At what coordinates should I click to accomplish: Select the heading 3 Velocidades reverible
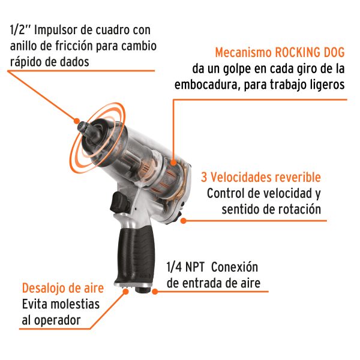click(x=261, y=178)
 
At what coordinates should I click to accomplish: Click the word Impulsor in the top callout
click(x=57, y=29)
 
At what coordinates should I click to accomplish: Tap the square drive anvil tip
click(x=82, y=127)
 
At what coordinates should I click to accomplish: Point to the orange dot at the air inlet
click(x=154, y=292)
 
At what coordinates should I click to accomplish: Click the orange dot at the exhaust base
click(x=125, y=292)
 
